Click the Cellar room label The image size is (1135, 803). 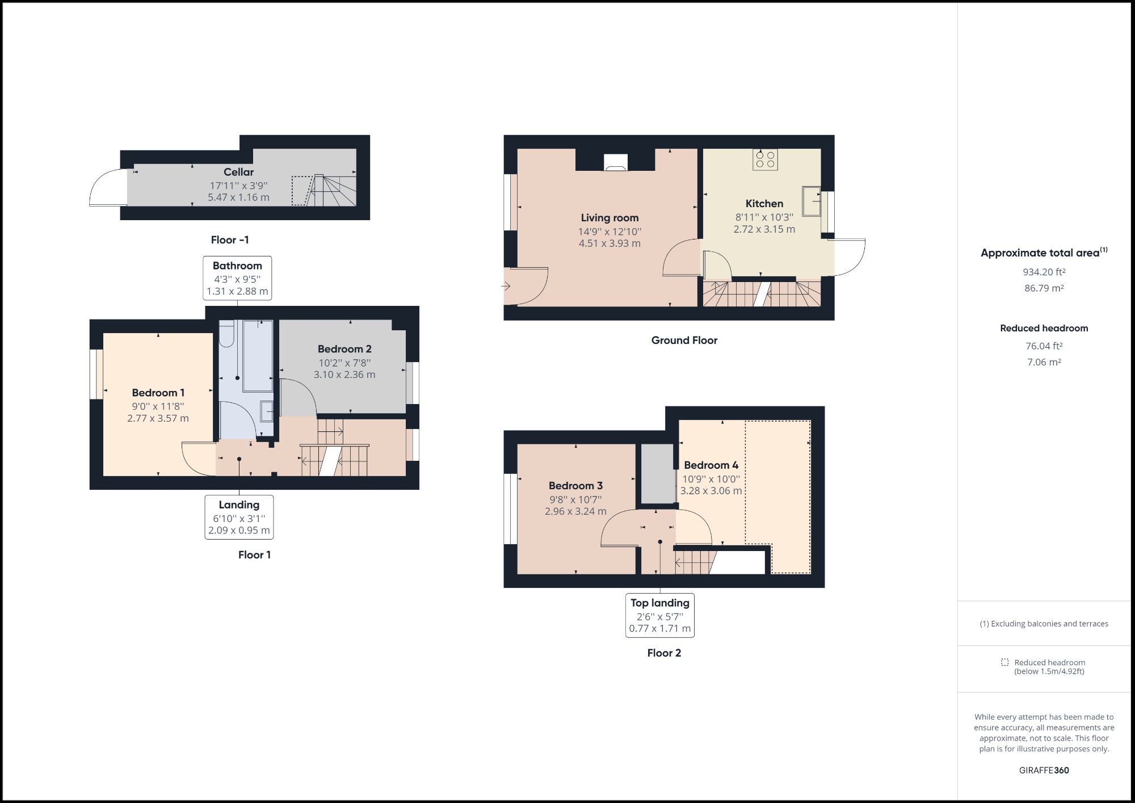[x=238, y=172]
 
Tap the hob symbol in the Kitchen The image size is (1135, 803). [x=765, y=159]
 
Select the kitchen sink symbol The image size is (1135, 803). [x=812, y=201]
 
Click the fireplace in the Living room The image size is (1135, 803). [x=616, y=162]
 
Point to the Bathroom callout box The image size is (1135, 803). [x=237, y=278]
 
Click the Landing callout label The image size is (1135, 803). [x=239, y=516]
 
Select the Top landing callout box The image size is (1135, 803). [x=659, y=615]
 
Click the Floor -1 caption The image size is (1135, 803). [x=230, y=240]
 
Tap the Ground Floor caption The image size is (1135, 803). [x=684, y=340]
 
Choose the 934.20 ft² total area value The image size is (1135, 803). [x=1044, y=272]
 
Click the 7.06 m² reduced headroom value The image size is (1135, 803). [x=1044, y=362]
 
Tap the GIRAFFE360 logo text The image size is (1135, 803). [x=1044, y=770]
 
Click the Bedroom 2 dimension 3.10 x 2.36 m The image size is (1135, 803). [x=344, y=375]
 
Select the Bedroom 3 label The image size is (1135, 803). [x=575, y=486]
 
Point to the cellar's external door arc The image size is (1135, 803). [x=107, y=187]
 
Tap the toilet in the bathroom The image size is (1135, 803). [x=226, y=334]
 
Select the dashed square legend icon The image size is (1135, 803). [x=1004, y=662]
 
